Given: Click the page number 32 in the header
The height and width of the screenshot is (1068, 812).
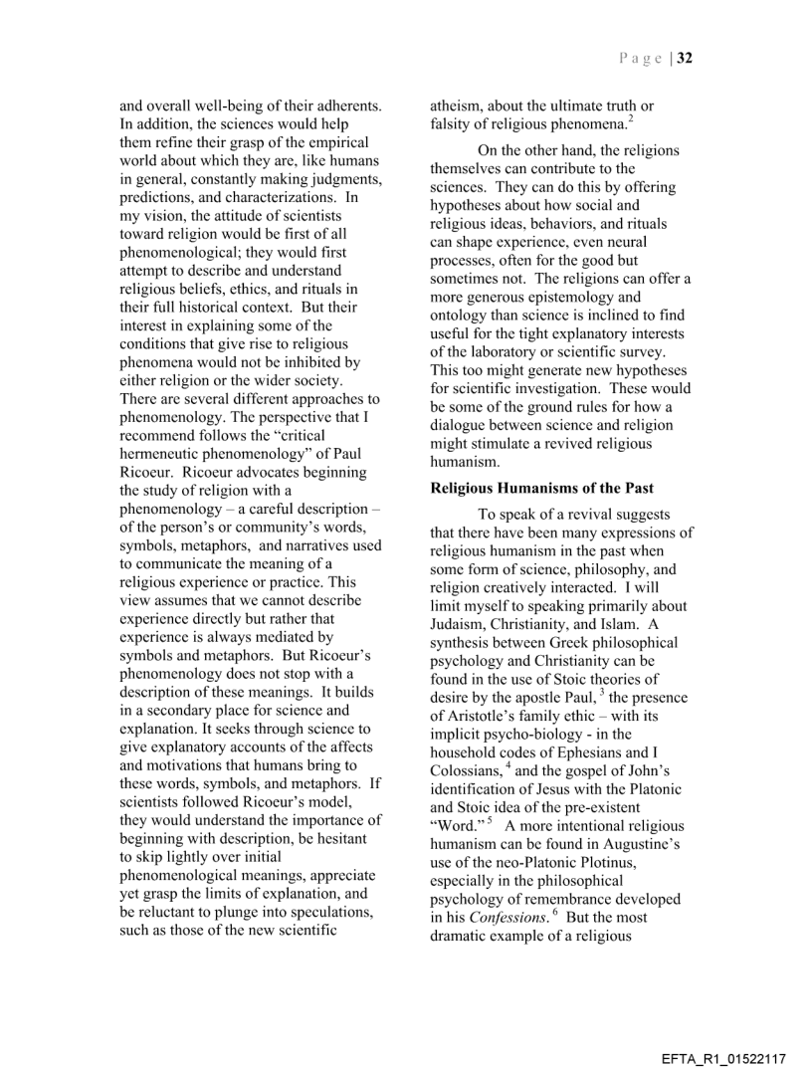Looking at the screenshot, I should pyautogui.click(x=686, y=58).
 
